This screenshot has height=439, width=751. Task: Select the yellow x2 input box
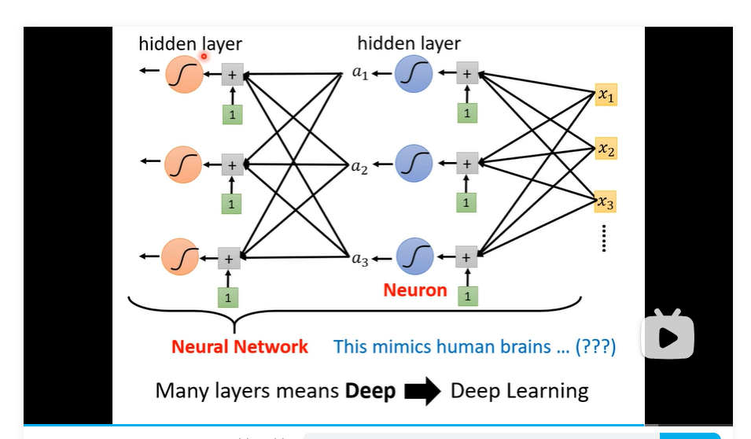tap(606, 148)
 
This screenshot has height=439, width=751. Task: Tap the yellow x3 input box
tap(606, 201)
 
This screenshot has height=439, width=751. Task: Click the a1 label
tap(360, 74)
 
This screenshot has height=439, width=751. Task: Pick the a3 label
tap(360, 259)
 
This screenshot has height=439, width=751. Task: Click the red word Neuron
tap(415, 290)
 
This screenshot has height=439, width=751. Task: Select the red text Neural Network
tap(240, 347)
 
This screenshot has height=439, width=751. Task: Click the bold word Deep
tap(370, 391)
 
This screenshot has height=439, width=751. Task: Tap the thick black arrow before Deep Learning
tap(422, 391)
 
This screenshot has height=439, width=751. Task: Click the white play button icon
tap(668, 337)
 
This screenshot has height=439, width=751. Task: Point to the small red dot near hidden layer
tap(204, 56)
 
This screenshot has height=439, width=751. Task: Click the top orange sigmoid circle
tap(184, 76)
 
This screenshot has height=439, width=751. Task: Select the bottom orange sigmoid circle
tap(180, 256)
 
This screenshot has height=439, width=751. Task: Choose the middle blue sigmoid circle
tap(414, 164)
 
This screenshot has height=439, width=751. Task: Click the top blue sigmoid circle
tap(414, 76)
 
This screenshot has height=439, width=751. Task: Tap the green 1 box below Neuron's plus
tap(467, 297)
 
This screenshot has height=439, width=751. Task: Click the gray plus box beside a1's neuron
tap(466, 75)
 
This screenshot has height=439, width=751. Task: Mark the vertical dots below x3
tap(604, 238)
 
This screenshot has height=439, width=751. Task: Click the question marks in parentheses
tap(595, 347)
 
